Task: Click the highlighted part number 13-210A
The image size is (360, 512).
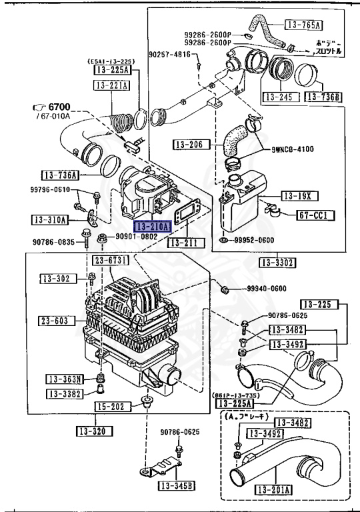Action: click(152, 227)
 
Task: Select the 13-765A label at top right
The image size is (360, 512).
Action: click(303, 25)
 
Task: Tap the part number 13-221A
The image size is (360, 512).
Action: click(111, 85)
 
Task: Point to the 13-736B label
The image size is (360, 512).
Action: click(323, 97)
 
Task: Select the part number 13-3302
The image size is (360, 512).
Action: click(277, 263)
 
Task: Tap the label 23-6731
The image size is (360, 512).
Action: click(110, 260)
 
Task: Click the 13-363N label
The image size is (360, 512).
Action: click(64, 379)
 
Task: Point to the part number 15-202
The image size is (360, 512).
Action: click(110, 406)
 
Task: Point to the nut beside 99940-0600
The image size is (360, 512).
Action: click(225, 289)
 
